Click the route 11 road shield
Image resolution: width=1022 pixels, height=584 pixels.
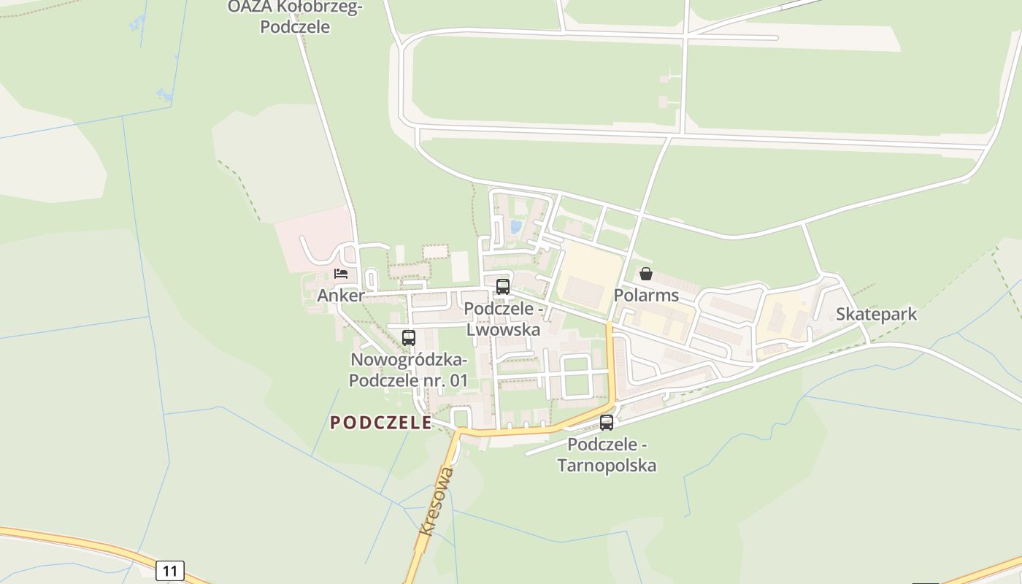pyautogui.click(x=169, y=570)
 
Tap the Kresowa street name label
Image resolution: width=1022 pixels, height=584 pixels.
pyautogui.click(x=437, y=502)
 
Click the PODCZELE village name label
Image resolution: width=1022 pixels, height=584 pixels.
pyautogui.click(x=380, y=423)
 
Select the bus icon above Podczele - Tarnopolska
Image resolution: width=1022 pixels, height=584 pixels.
pyautogui.click(x=607, y=422)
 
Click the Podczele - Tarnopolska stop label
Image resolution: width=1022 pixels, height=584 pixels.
pyautogui.click(x=607, y=455)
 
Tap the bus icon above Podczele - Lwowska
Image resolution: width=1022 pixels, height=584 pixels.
pyautogui.click(x=503, y=286)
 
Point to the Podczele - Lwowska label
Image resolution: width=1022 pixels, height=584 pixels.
pyautogui.click(x=504, y=319)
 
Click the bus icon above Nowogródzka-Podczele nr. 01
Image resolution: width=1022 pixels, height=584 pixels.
pyautogui.click(x=409, y=337)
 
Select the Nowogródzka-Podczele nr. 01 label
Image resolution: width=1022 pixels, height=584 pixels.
pyautogui.click(x=409, y=370)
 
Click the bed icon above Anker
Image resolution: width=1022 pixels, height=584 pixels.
pyautogui.click(x=341, y=274)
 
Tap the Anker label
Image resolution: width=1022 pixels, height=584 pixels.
pyautogui.click(x=341, y=296)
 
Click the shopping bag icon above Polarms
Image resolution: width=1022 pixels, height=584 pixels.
pyautogui.click(x=646, y=274)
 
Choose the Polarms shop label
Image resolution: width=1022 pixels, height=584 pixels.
pyautogui.click(x=646, y=296)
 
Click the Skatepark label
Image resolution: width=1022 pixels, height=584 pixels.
pyautogui.click(x=876, y=314)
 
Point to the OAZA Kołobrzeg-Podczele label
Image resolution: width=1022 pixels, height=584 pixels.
pyautogui.click(x=295, y=17)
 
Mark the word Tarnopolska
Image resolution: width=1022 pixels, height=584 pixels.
pyautogui.click(x=607, y=465)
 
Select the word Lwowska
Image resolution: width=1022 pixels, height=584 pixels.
pyautogui.click(x=504, y=329)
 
